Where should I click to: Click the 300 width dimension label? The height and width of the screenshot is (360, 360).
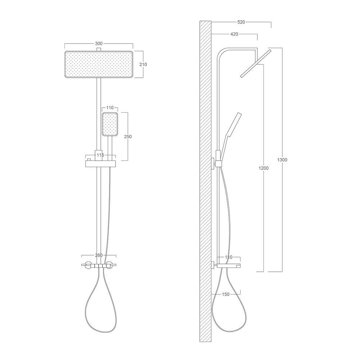click(x=98, y=44)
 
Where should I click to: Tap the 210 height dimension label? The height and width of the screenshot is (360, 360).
click(x=143, y=64)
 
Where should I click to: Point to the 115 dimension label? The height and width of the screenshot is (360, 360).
click(x=100, y=155)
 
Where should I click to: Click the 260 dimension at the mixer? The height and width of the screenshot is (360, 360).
click(x=99, y=256)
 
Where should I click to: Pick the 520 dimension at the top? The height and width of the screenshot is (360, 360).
click(x=241, y=22)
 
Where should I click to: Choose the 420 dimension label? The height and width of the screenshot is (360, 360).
click(x=234, y=35)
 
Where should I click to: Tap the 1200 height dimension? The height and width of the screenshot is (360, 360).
click(x=264, y=168)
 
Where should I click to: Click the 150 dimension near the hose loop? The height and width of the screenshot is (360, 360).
click(x=225, y=294)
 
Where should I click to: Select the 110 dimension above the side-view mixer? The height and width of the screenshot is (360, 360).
click(x=229, y=257)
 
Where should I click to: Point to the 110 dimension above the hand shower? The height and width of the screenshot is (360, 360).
click(x=110, y=108)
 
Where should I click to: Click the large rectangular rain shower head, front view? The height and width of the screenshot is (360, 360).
click(x=99, y=64)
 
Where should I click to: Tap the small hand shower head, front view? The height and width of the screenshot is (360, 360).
click(x=110, y=125)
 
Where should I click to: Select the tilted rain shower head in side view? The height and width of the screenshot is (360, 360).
click(x=256, y=63)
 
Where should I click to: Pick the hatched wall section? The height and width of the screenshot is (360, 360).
click(x=205, y=180)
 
